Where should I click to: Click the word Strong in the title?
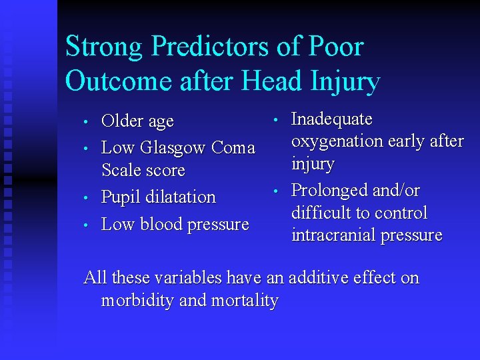(104, 47)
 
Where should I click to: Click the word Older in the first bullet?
(123, 121)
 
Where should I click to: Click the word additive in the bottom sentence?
(329, 278)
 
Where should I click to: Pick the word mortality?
(245, 301)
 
